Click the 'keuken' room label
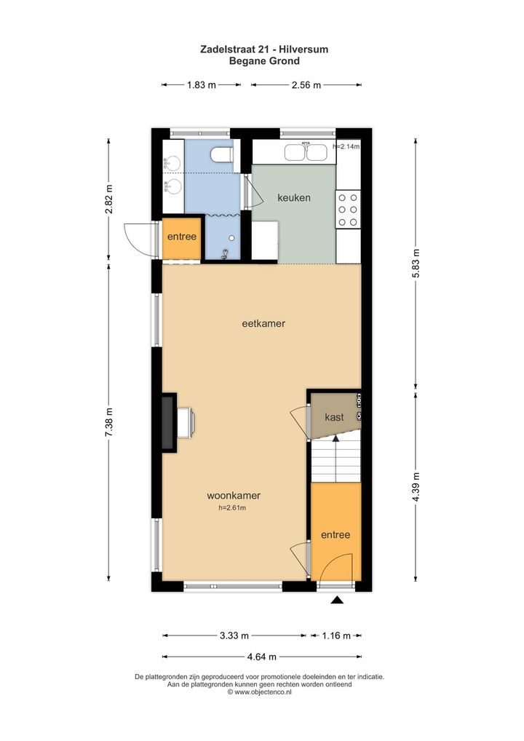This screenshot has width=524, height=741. click(294, 197)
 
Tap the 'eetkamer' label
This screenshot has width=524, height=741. click(263, 324)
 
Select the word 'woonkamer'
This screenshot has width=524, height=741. click(234, 496)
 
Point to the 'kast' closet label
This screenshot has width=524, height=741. click(334, 417)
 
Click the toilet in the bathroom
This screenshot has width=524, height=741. click(221, 154)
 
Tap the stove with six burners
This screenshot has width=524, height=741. click(348, 210)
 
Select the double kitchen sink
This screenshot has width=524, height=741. click(306, 152)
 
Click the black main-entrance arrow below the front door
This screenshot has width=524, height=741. click(337, 601)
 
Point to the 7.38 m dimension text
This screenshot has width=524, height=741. click(108, 422)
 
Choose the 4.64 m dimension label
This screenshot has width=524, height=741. click(262, 657)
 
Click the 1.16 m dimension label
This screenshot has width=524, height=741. click(336, 635)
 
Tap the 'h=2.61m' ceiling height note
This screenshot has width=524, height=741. click(232, 508)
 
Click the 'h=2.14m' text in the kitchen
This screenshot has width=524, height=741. click(346, 146)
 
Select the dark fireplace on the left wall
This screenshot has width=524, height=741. click(167, 423)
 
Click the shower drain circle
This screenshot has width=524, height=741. click(232, 239)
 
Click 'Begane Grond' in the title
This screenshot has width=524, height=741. click(264, 61)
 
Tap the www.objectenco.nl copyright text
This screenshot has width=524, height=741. click(260, 692)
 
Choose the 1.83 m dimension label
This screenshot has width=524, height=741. click(202, 85)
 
